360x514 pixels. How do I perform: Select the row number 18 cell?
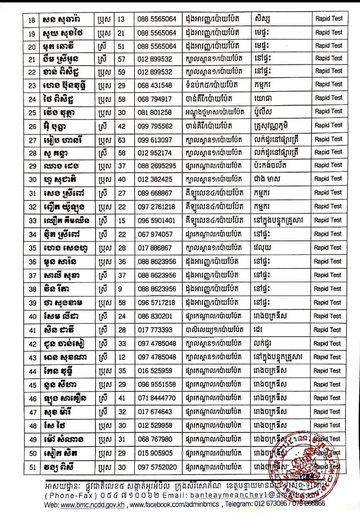tap(33, 19)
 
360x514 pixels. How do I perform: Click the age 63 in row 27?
tap(121, 139)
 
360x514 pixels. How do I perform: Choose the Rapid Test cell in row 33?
tap(327, 220)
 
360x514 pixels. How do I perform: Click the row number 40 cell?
tap(33, 316)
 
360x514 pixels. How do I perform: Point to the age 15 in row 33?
tap(121, 220)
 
